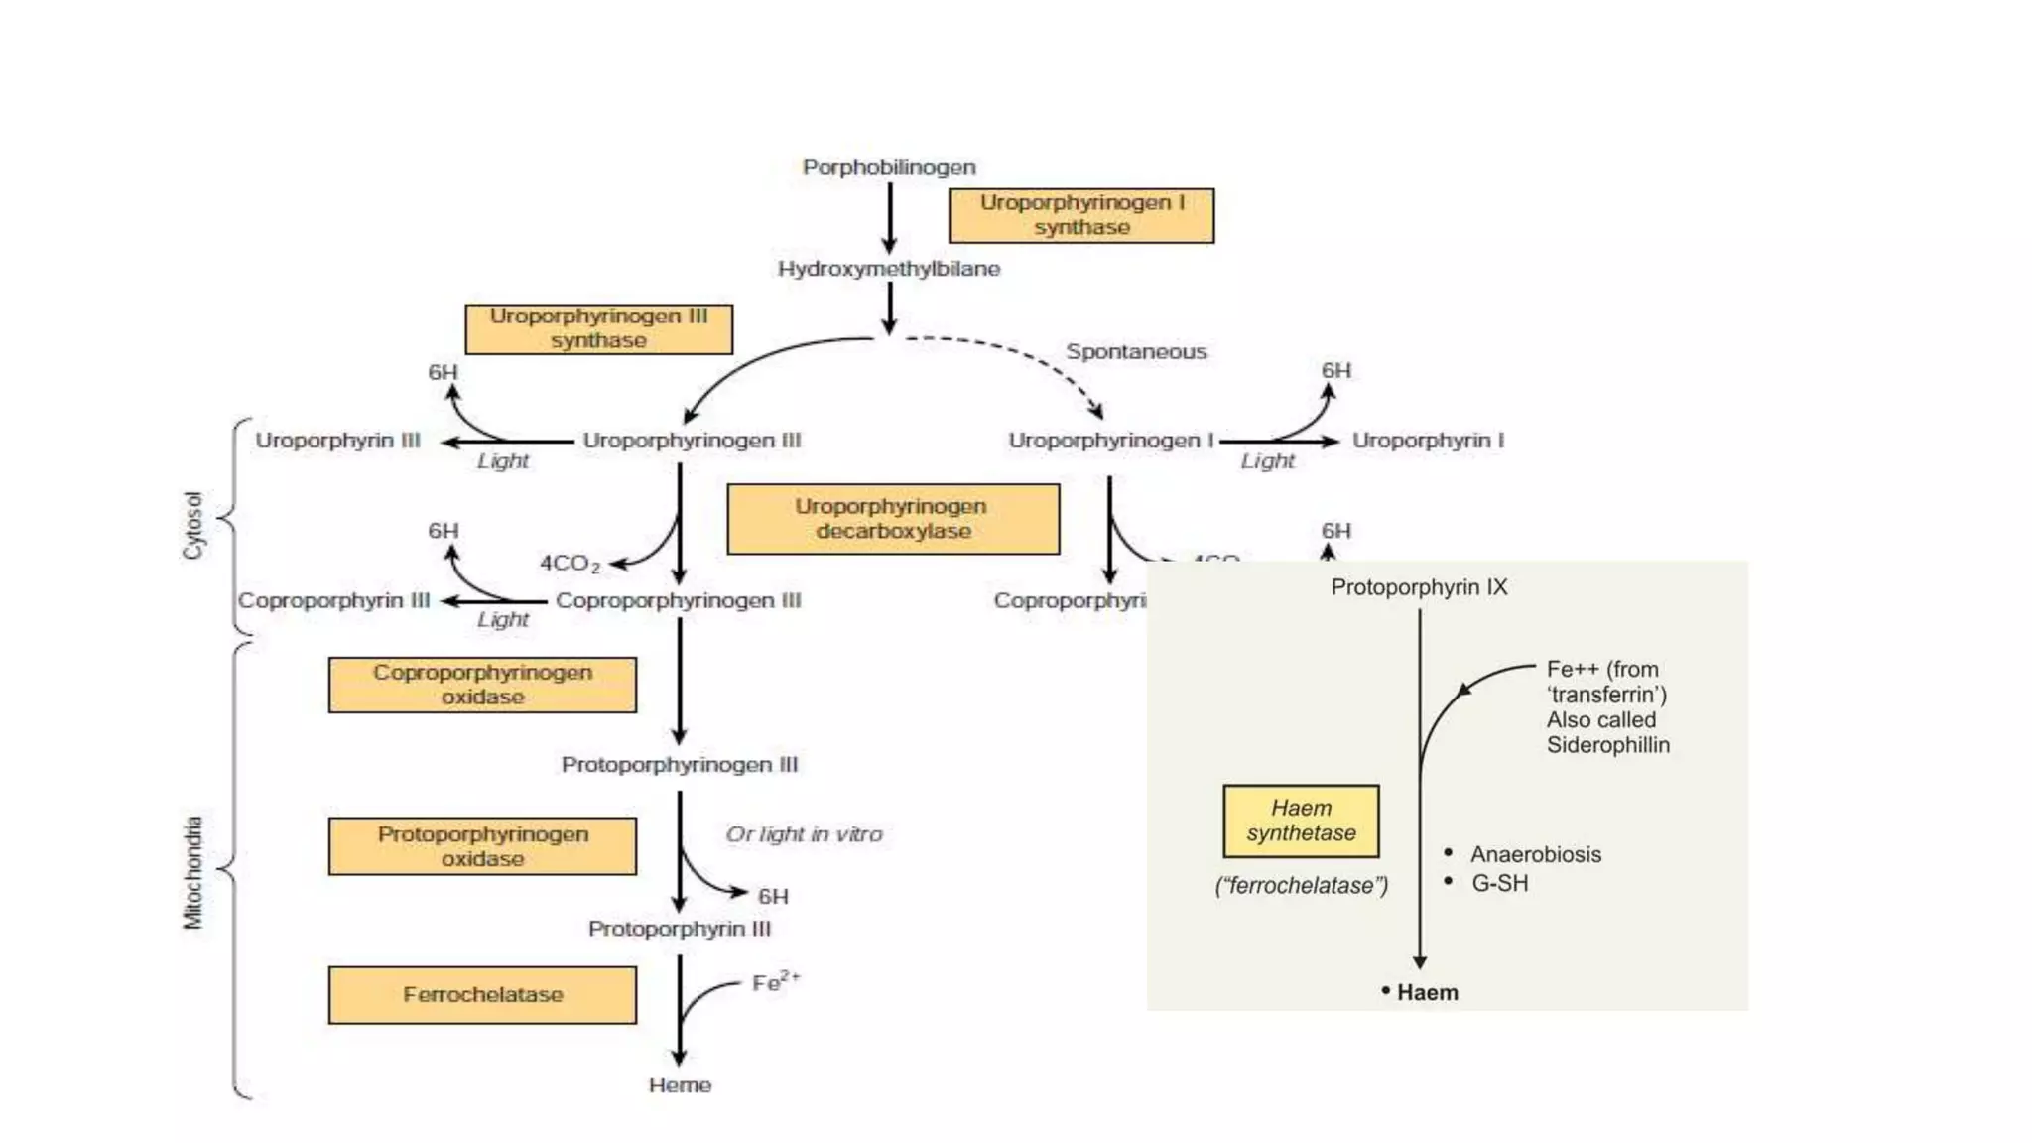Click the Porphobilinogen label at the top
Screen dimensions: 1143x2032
tap(888, 167)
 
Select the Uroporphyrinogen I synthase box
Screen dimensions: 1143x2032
tap(1080, 215)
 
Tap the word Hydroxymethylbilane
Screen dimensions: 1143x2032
tap(888, 269)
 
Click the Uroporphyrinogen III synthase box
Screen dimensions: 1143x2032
tap(598, 328)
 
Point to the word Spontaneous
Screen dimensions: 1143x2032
tap(1136, 352)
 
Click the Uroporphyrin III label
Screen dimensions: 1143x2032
tap(337, 441)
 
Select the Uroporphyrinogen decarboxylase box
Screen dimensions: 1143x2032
tap(892, 519)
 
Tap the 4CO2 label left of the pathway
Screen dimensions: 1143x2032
tap(569, 563)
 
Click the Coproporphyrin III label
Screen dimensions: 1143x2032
tap(333, 601)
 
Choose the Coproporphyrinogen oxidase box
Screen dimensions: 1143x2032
tap(482, 685)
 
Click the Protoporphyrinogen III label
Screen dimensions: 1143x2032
tap(679, 765)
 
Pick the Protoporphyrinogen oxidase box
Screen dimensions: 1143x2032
tap(482, 846)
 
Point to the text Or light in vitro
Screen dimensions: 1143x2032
tap(804, 834)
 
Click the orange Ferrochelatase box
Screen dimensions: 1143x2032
tap(482, 995)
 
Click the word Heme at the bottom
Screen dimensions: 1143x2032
tap(680, 1085)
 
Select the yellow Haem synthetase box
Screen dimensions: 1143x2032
tap(1301, 821)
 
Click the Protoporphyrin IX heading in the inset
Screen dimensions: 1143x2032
tap(1419, 587)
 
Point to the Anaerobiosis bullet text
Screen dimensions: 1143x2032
tap(1535, 854)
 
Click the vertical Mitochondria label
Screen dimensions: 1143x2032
tap(192, 873)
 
